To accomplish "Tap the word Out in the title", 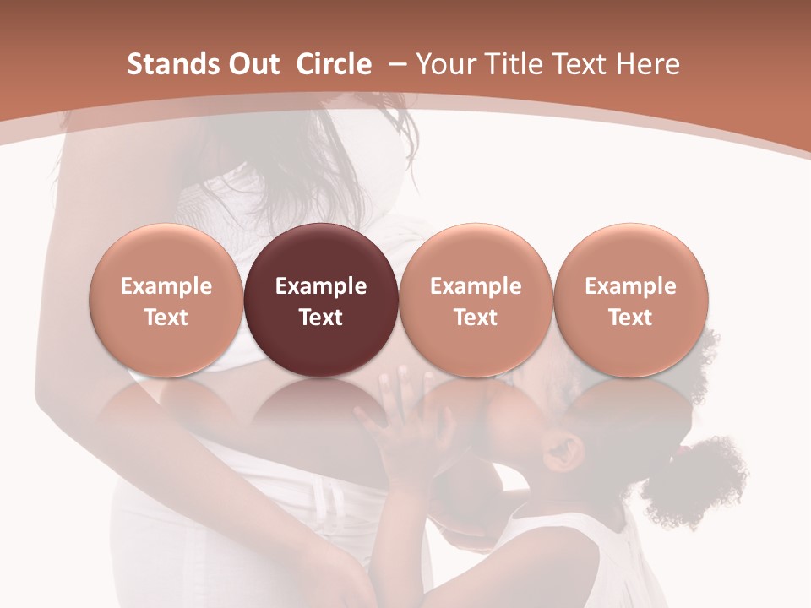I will (x=251, y=64).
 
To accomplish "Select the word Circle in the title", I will (x=334, y=64).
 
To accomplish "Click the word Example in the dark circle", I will (x=321, y=286).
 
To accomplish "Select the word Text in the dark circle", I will (x=321, y=318).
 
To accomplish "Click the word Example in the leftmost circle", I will (x=166, y=286).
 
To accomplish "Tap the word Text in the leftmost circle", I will (x=166, y=318).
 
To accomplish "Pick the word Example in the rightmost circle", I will (x=631, y=286).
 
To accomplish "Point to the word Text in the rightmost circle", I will (x=631, y=318).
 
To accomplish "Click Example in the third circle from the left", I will (x=476, y=286).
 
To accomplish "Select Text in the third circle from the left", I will (x=476, y=318).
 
